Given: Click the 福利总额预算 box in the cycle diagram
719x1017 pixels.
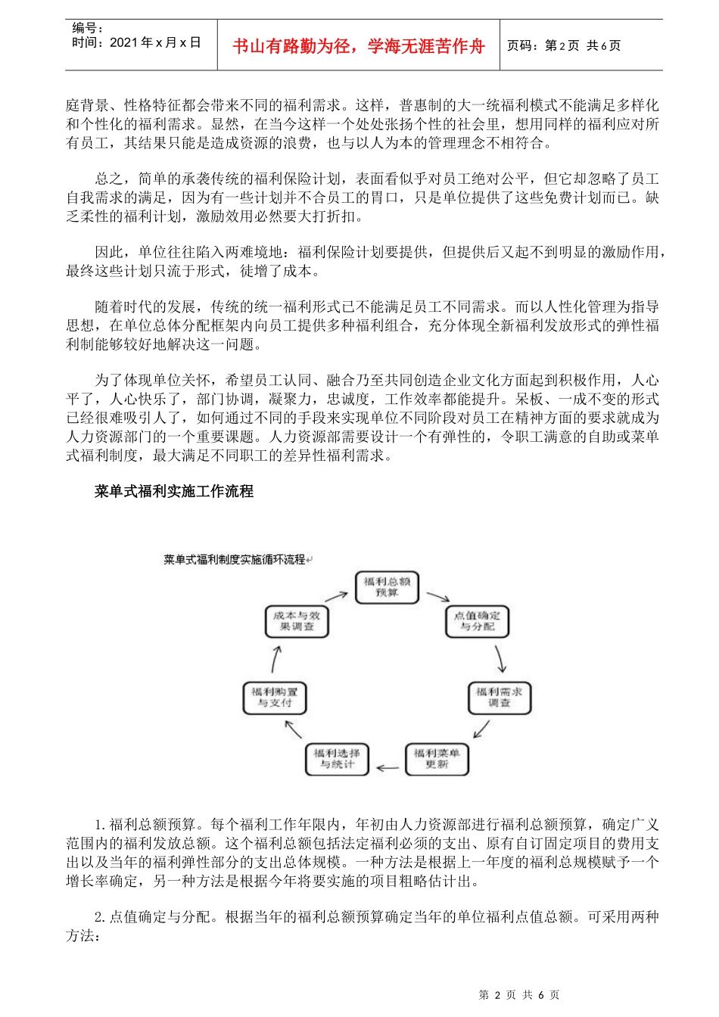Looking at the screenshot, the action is (x=387, y=587).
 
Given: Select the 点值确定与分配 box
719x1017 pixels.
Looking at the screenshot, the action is (x=477, y=621).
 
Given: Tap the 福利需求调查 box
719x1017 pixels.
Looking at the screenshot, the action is (x=499, y=697).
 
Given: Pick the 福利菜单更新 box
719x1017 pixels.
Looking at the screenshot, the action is (x=437, y=759).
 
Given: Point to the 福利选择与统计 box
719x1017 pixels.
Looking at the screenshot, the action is (x=337, y=759).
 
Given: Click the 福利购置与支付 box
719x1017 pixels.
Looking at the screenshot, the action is (x=275, y=697).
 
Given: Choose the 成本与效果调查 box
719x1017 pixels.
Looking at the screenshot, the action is (x=297, y=621).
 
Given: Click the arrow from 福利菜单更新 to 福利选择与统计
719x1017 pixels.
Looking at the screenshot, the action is (x=388, y=768).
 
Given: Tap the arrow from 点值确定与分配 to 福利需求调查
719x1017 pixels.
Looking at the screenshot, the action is (x=500, y=660).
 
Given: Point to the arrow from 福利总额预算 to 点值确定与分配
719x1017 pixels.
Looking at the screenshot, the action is (x=437, y=597).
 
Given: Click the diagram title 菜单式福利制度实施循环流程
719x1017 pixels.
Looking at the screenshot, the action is (x=234, y=560).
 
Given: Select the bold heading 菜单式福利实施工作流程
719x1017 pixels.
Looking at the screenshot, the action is (x=174, y=492).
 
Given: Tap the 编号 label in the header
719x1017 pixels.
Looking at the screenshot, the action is (x=88, y=28).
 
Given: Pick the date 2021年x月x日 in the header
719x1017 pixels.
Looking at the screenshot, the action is (x=136, y=43).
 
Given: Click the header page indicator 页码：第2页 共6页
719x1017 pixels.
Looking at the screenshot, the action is (x=564, y=46).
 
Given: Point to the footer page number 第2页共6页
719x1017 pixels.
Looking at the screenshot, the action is (x=519, y=995).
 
